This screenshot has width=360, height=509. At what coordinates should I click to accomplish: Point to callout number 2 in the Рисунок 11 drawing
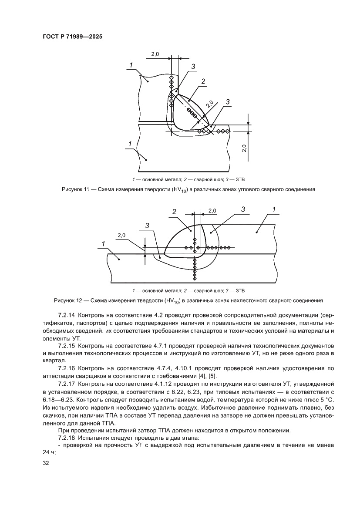click(203, 81)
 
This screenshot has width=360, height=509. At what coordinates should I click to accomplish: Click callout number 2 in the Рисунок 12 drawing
click(174, 212)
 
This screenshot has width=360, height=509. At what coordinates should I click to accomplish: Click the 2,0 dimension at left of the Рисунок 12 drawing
click(121, 236)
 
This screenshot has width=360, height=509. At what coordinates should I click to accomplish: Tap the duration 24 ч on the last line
click(49, 452)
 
